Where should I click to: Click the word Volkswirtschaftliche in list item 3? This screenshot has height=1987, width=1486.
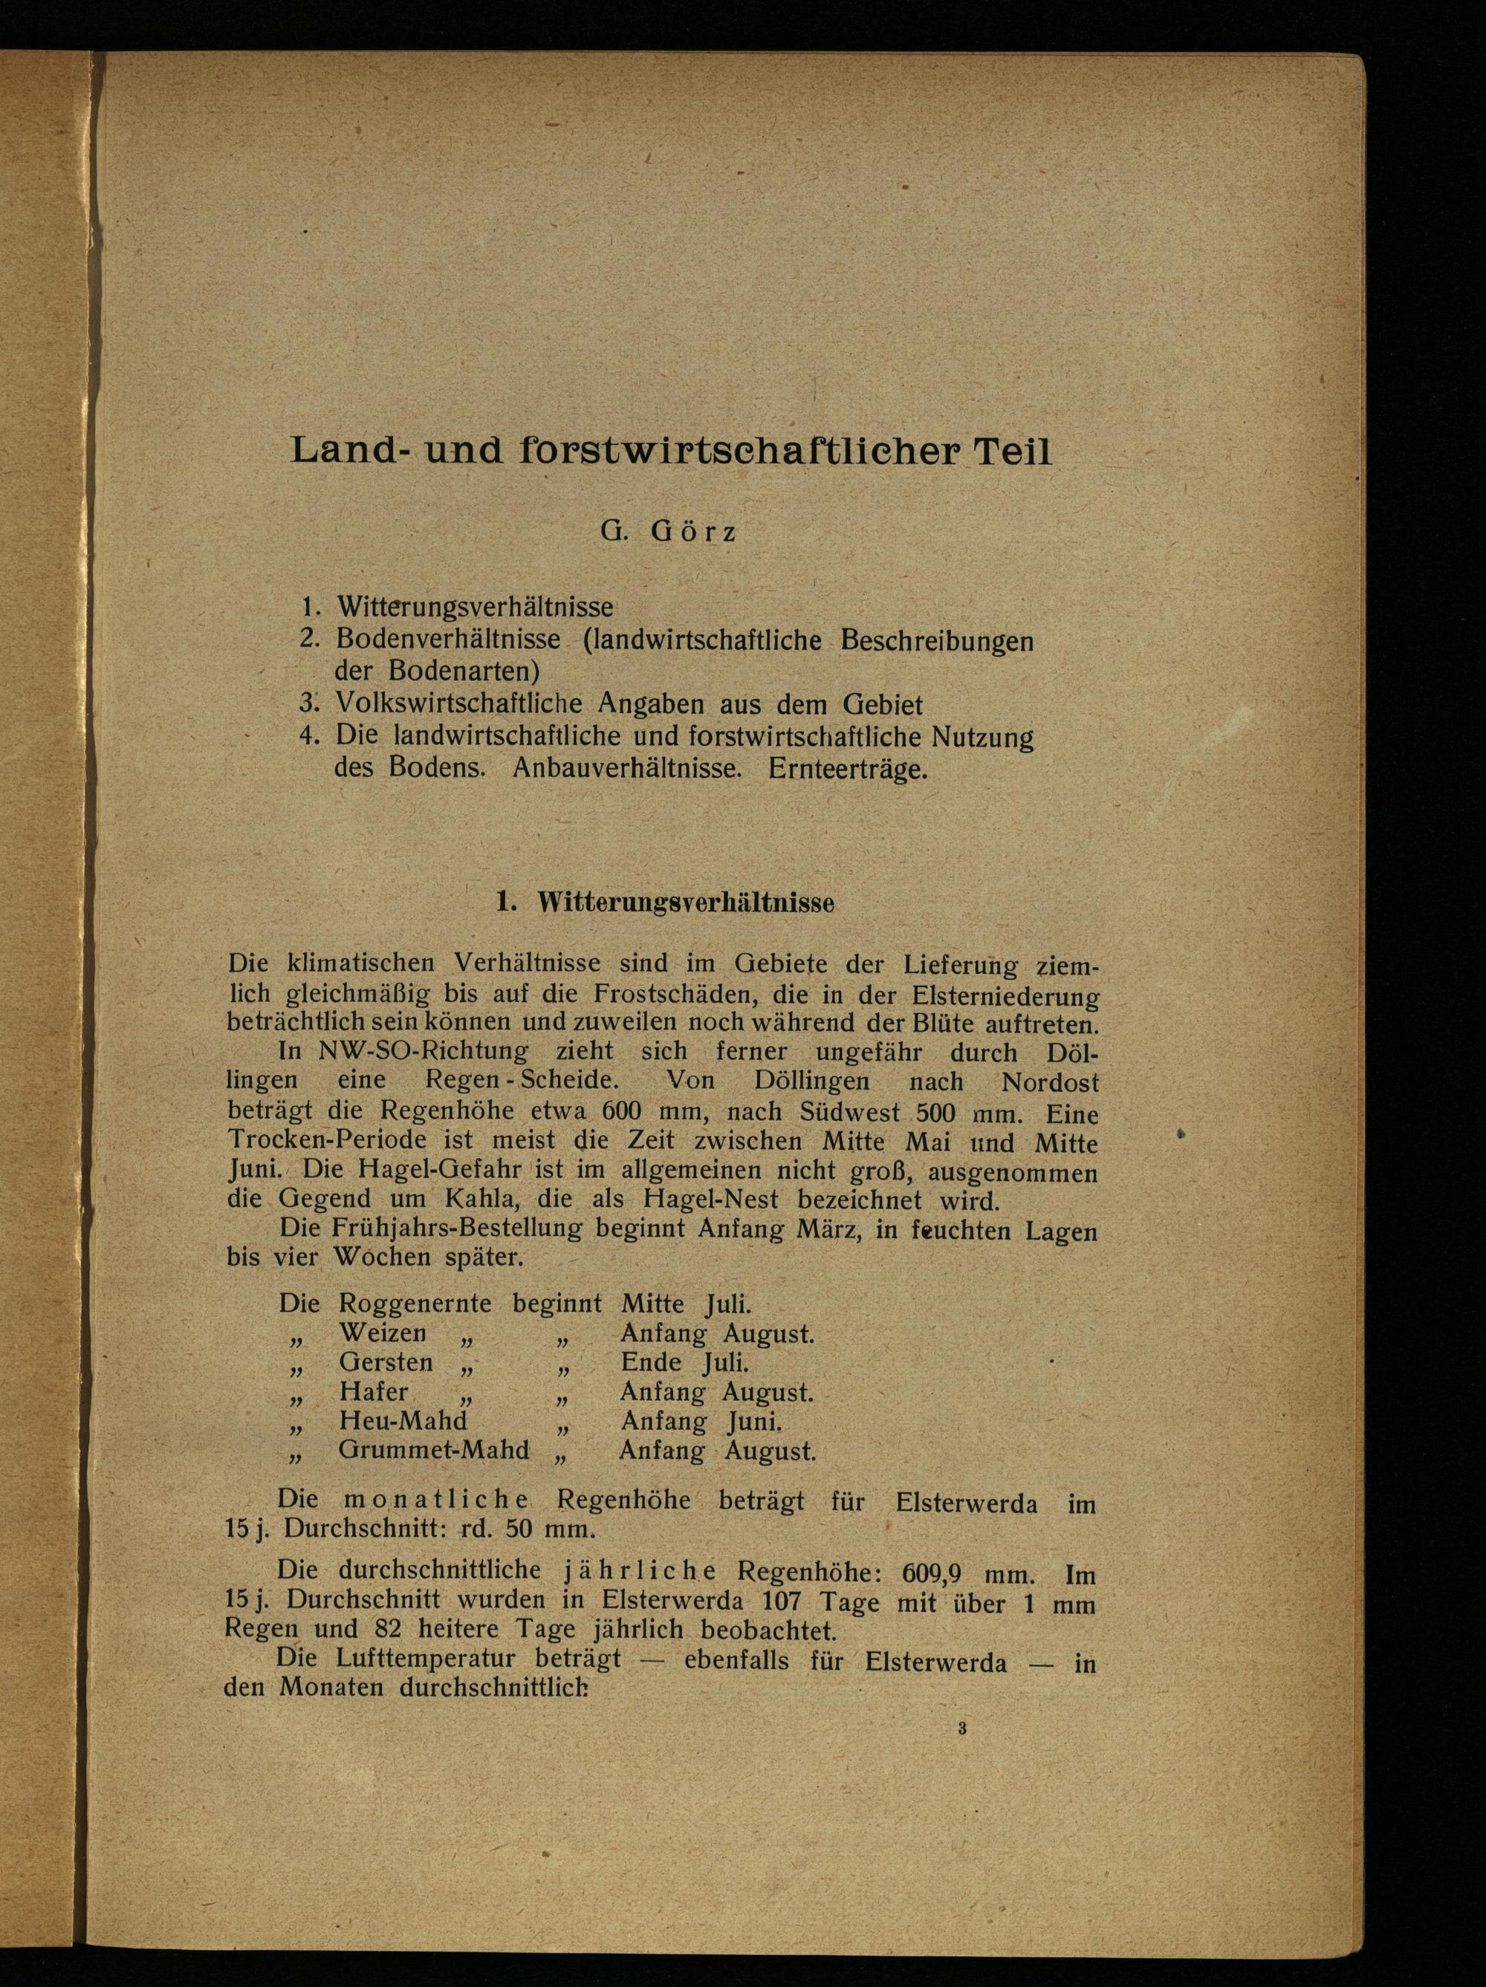(x=456, y=703)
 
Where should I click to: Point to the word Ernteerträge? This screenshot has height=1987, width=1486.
(x=848, y=770)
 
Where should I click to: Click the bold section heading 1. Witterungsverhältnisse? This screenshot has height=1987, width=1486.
(x=665, y=904)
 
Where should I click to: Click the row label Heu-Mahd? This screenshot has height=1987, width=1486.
(x=403, y=1421)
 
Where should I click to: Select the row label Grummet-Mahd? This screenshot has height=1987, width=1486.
(x=434, y=1451)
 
